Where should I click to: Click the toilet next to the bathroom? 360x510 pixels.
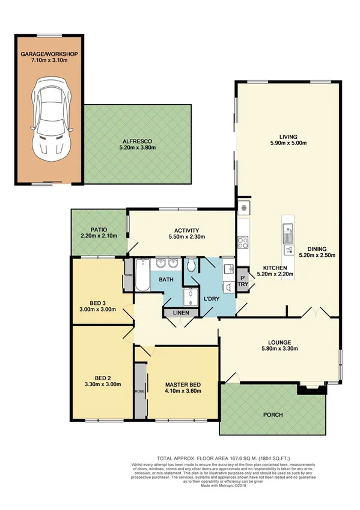(x=191, y=265)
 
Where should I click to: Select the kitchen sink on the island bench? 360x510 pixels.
(x=288, y=229)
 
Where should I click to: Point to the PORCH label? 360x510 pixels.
(x=273, y=415)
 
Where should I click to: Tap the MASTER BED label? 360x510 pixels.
(x=183, y=384)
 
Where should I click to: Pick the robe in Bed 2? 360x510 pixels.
(x=139, y=390)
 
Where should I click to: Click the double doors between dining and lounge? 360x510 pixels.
(x=314, y=313)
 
